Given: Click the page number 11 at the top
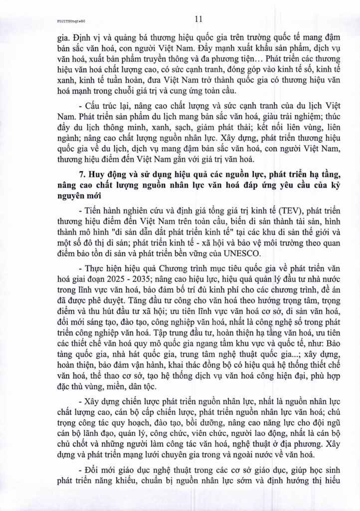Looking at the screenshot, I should click(x=183, y=19).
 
